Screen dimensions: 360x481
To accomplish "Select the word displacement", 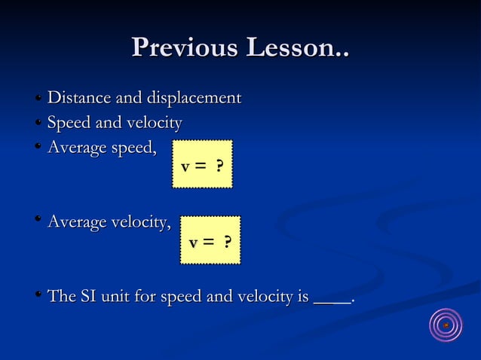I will pyautogui.click(x=194, y=99).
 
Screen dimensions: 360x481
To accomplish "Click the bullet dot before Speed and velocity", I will pyautogui.click(x=37, y=122).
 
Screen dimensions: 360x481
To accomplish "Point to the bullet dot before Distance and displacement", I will pyautogui.click(x=37, y=98).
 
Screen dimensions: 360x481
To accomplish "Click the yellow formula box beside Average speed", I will pyautogui.click(x=202, y=163).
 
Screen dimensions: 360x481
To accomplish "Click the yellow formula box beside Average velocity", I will pyautogui.click(x=210, y=240).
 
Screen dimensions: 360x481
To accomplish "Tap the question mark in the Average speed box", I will pyautogui.click(x=219, y=165).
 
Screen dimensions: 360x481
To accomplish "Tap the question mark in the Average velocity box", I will pyautogui.click(x=227, y=243).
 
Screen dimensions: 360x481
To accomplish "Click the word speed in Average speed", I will pyautogui.click(x=133, y=148).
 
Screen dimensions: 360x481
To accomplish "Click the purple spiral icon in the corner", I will pyautogui.click(x=446, y=325).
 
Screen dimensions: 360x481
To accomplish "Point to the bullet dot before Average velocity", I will pyautogui.click(x=37, y=221).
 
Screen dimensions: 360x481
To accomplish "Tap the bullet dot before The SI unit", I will pyautogui.click(x=37, y=296).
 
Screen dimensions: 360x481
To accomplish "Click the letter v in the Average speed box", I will pyautogui.click(x=185, y=166).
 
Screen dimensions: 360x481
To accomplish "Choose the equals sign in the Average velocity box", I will pyautogui.click(x=207, y=243).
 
